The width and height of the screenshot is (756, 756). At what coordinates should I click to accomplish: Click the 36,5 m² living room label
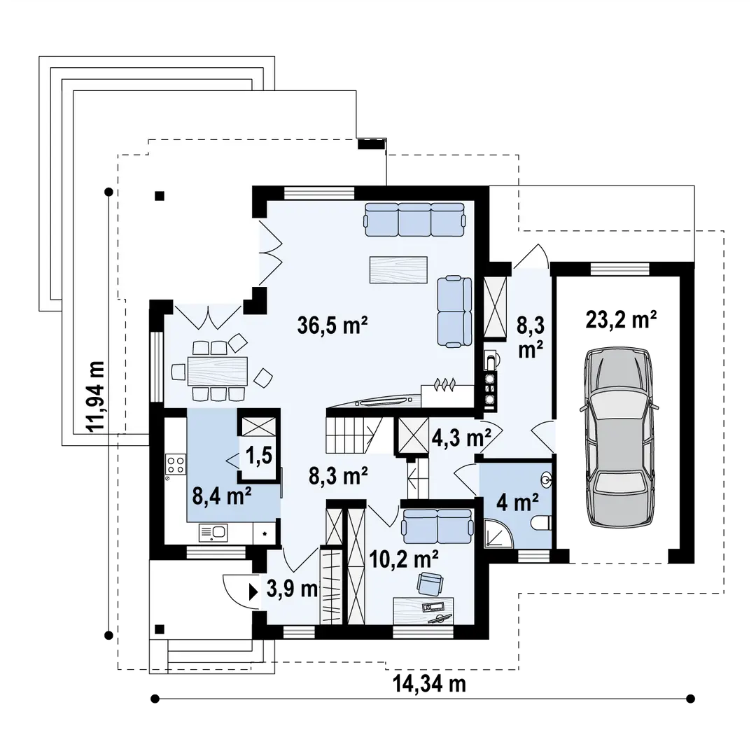332,325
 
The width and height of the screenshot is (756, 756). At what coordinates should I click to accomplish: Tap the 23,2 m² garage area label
621,319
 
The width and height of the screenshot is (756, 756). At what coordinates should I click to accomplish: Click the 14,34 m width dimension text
430,683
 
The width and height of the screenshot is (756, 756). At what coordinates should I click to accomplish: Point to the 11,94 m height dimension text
94,396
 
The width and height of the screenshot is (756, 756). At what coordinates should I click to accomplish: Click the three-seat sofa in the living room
415,219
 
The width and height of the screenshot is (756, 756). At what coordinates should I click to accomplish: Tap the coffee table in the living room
398,269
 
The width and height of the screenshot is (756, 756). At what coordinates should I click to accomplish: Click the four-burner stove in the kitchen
176,463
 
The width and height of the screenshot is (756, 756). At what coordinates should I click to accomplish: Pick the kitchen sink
213,532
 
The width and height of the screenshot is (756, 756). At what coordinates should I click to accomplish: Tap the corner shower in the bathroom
498,533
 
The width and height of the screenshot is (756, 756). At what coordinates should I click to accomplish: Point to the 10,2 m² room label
404,559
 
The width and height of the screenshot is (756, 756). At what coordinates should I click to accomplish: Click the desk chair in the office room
430,583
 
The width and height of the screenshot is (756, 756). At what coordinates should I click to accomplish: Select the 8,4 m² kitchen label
222,495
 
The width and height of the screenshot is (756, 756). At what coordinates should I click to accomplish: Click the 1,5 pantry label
259,456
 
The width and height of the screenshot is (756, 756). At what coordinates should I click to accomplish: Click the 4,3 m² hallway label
461,437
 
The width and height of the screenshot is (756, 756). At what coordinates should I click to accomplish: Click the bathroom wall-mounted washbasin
547,479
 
